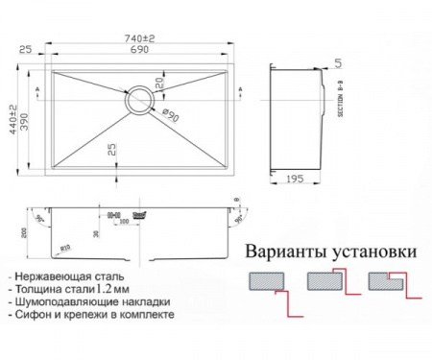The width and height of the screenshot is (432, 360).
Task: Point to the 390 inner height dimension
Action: pyautogui.click(x=27, y=121)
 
